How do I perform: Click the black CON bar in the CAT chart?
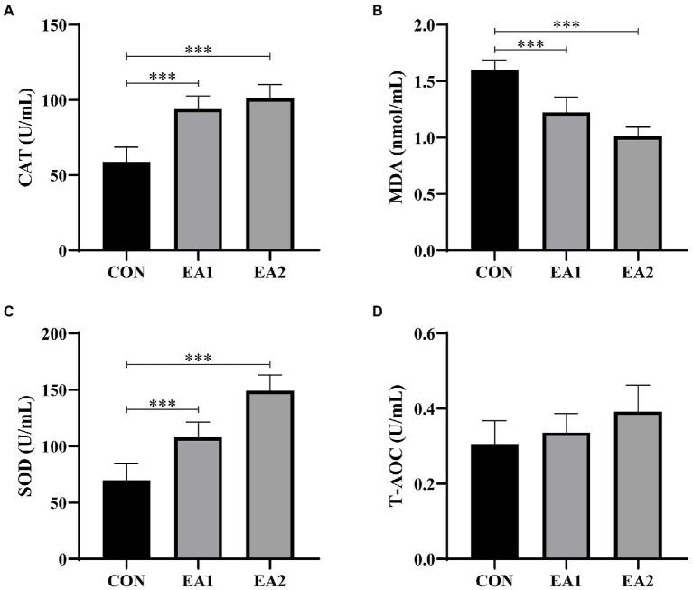tap(126, 206)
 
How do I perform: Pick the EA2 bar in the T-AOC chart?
tap(638, 485)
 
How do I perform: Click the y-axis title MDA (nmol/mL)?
tap(395, 137)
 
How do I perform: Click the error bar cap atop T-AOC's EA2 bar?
tap(638, 385)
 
